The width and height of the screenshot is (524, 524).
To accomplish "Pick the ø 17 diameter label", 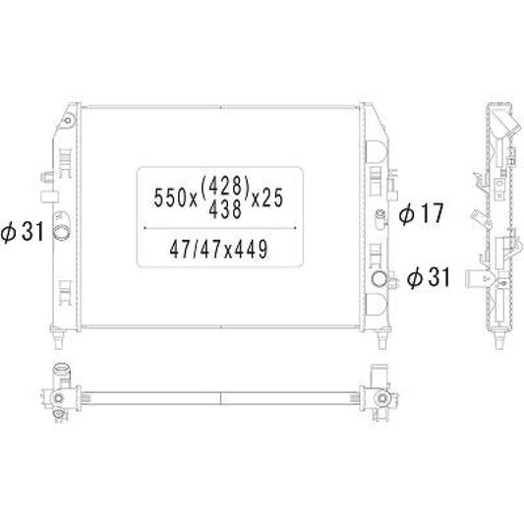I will coord(421,212).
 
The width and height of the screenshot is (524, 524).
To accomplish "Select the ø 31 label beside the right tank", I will coord(428,278).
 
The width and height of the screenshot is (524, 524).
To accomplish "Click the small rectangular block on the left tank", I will coord(46,176).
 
